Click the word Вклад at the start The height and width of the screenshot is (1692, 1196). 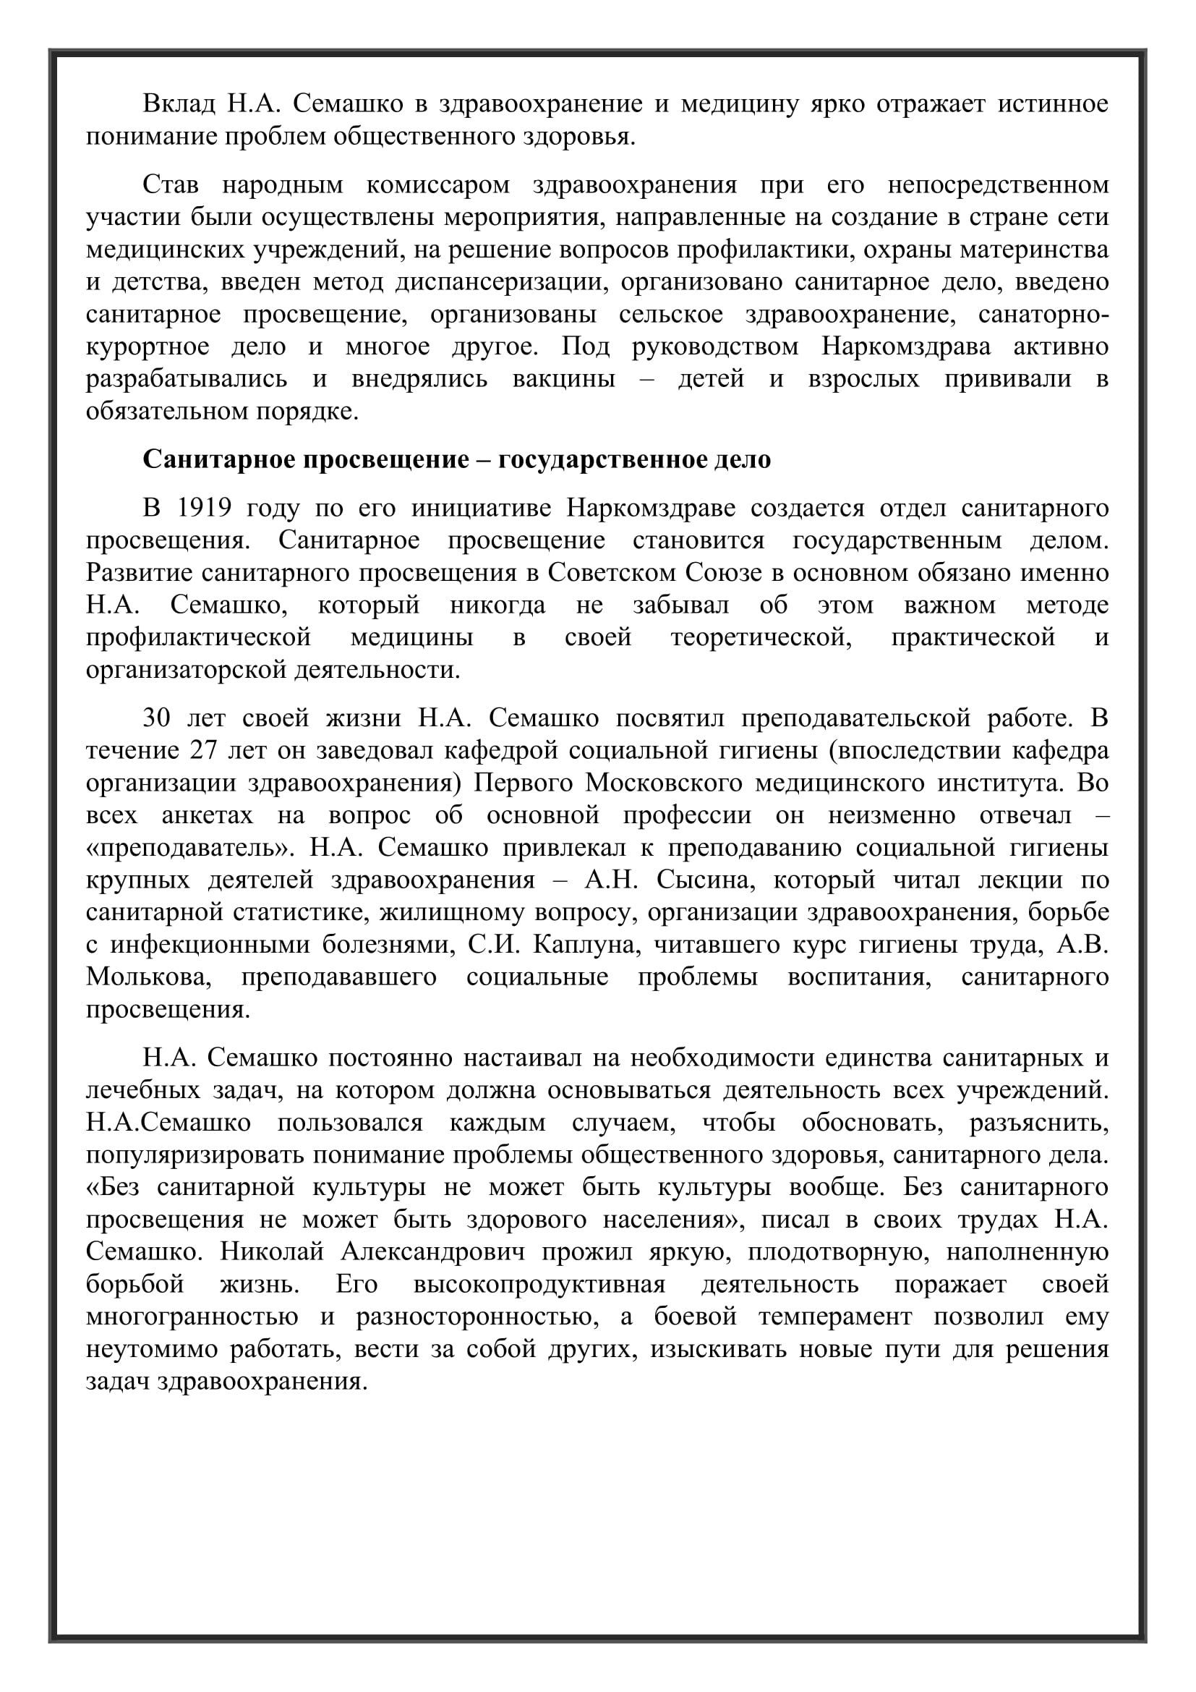pyautogui.click(x=179, y=104)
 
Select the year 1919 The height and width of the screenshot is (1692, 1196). pyautogui.click(x=205, y=509)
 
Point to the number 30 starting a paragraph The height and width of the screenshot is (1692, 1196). pyautogui.click(x=157, y=718)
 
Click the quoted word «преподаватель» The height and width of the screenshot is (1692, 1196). pyautogui.click(x=191, y=849)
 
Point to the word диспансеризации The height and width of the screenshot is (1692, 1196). pyautogui.click(x=496, y=282)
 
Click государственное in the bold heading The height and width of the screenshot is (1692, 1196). pyautogui.click(x=602, y=460)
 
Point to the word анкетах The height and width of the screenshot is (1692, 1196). pyautogui.click(x=207, y=816)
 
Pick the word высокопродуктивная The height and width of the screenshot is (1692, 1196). pyautogui.click(x=539, y=1285)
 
